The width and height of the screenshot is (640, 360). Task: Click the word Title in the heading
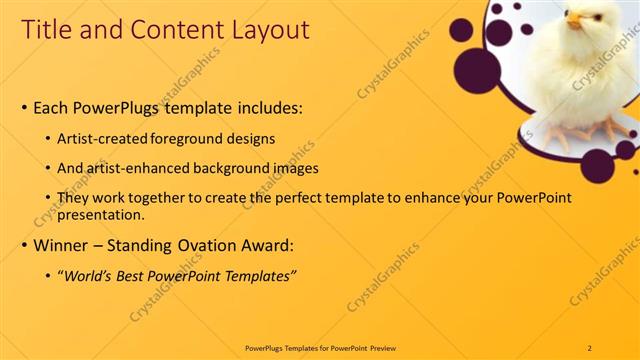(x=47, y=30)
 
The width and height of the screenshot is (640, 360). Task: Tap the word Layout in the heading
(x=267, y=30)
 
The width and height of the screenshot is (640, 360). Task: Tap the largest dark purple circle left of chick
(x=478, y=69)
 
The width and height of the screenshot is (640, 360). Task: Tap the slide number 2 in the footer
(x=589, y=347)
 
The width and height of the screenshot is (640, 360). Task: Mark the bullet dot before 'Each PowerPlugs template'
(x=24, y=107)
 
